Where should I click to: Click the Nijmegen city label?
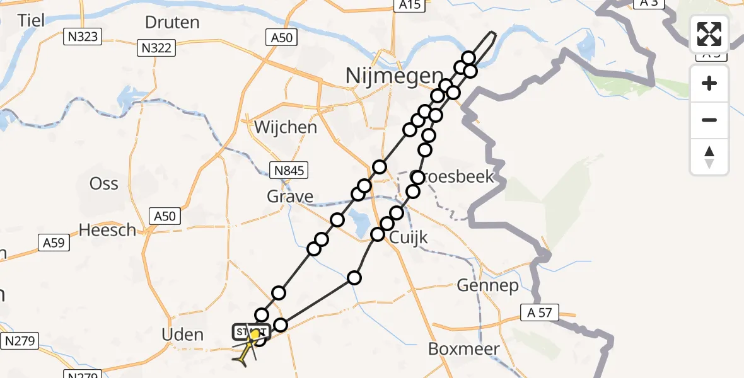394,77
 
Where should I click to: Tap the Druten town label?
172,23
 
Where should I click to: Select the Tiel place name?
31,20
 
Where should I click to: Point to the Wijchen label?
286,127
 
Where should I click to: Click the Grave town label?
290,197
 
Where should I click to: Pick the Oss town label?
104,183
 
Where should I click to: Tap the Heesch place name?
108,231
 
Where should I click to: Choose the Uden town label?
183,335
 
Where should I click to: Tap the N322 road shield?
156,47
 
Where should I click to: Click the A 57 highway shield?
538,311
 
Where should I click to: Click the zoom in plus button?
709,84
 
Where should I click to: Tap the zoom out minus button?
709,120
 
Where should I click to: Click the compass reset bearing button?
709,157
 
